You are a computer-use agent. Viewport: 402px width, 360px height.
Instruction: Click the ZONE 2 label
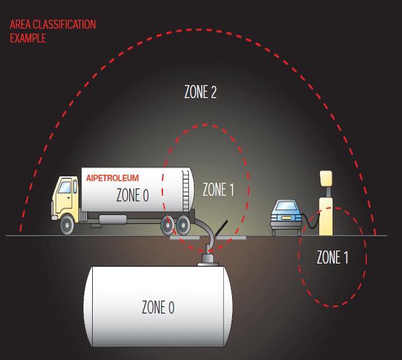click(x=200, y=93)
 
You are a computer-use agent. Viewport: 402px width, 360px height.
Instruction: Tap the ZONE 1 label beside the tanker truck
click(x=218, y=189)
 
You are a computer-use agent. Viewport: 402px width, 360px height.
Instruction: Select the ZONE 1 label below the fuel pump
click(x=332, y=257)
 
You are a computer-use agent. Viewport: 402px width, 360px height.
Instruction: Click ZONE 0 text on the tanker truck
click(x=132, y=195)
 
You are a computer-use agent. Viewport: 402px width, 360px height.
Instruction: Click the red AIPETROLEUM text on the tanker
click(x=112, y=178)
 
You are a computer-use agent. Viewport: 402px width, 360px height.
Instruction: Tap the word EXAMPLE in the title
click(x=28, y=38)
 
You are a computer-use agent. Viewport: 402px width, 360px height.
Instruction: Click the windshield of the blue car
click(x=286, y=206)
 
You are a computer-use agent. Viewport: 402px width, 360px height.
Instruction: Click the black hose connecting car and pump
click(x=309, y=221)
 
